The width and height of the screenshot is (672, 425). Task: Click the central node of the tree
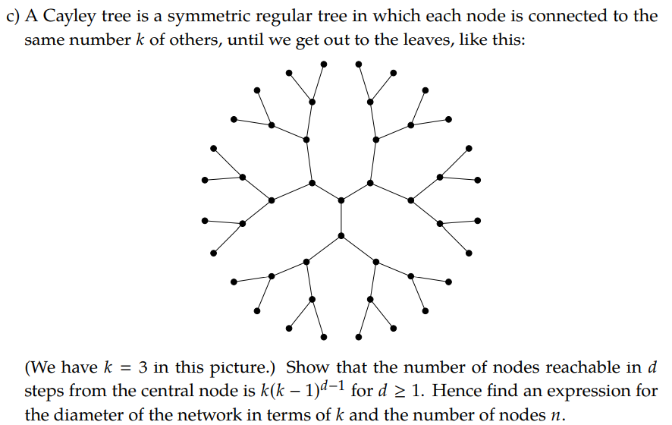pyautogui.click(x=341, y=200)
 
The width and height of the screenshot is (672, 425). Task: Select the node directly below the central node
pyautogui.click(x=341, y=236)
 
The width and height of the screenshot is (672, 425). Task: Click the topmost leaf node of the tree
pyautogui.click(x=325, y=63)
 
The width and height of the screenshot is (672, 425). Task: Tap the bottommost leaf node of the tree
pyautogui.click(x=325, y=337)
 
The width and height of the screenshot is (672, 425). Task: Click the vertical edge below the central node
pyautogui.click(x=341, y=219)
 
